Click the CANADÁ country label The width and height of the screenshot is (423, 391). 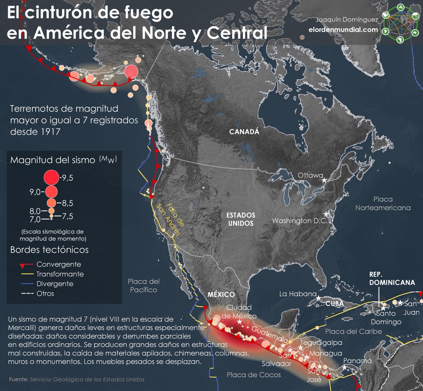pos(244,132)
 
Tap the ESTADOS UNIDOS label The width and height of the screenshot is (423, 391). pos(241,219)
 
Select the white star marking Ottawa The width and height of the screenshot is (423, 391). pos(324,180)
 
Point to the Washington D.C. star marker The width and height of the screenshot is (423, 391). pos(326,214)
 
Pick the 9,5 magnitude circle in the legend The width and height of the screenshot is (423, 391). pos(51,177)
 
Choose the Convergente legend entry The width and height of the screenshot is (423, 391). pos(59,264)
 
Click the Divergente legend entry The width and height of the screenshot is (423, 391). pos(55,284)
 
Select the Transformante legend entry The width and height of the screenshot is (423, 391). pos(60,274)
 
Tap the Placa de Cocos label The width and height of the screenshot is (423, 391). pos(254,375)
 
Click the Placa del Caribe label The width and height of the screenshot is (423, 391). pos(353,331)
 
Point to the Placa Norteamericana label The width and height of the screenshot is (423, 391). pos(383,204)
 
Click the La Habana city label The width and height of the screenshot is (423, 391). pos(298,294)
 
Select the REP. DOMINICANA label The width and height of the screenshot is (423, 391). pos(392,278)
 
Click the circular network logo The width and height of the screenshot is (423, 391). pos(400,23)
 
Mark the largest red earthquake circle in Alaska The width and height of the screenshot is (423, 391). pos(131,71)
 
